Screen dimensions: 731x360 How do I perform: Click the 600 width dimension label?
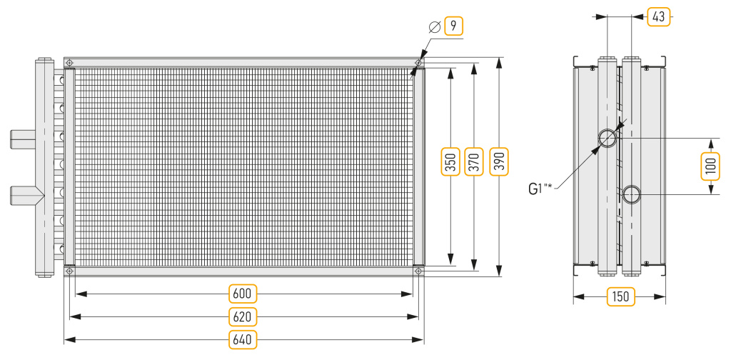pyautogui.click(x=243, y=294)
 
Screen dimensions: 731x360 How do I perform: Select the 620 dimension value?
pyautogui.click(x=243, y=317)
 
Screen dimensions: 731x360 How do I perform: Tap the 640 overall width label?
pyautogui.click(x=243, y=339)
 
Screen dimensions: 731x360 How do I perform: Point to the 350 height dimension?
pyautogui.click(x=450, y=161)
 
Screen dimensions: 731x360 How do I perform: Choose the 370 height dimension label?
pyautogui.click(x=474, y=161)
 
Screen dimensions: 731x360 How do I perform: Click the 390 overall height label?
pyautogui.click(x=499, y=161)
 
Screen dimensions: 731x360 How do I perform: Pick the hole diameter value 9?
pyautogui.click(x=453, y=26)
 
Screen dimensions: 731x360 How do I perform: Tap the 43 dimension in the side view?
pyautogui.click(x=658, y=17)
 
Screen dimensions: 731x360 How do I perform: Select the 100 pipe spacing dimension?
pyautogui.click(x=710, y=166)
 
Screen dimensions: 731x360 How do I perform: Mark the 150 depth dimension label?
pyautogui.click(x=620, y=296)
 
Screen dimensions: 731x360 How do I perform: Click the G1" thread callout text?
pyautogui.click(x=540, y=189)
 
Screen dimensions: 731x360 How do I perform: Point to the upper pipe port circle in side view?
pyautogui.click(x=608, y=139)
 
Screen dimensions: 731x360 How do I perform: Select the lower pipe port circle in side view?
pyautogui.click(x=631, y=194)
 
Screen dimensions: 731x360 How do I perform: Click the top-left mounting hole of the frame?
pyautogui.click(x=69, y=62)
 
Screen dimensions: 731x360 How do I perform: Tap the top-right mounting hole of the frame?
pyautogui.click(x=418, y=62)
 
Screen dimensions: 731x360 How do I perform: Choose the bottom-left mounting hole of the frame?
pyautogui.click(x=69, y=271)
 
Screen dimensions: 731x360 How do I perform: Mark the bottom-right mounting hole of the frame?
pyautogui.click(x=418, y=271)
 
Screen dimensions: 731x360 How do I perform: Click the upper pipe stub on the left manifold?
pyautogui.click(x=22, y=139)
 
